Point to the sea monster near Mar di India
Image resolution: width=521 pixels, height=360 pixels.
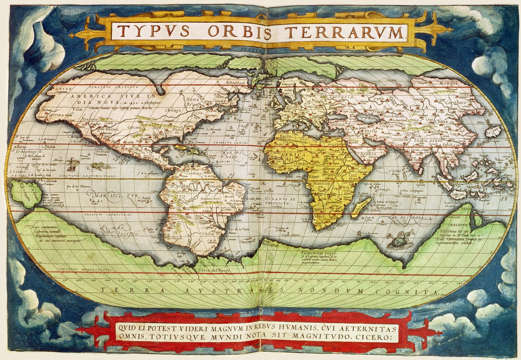399,241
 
